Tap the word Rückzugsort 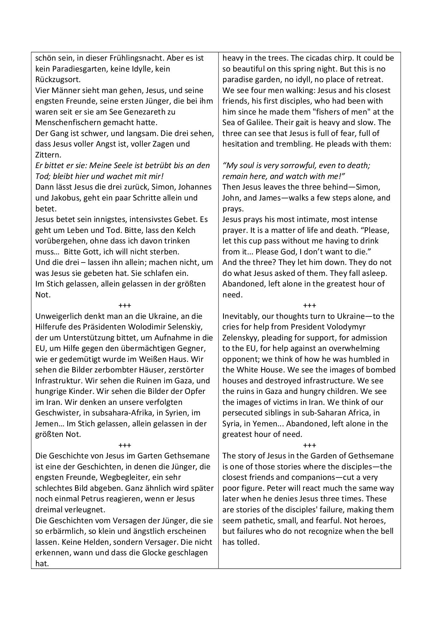click(56, 80)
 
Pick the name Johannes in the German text click(195, 187)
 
